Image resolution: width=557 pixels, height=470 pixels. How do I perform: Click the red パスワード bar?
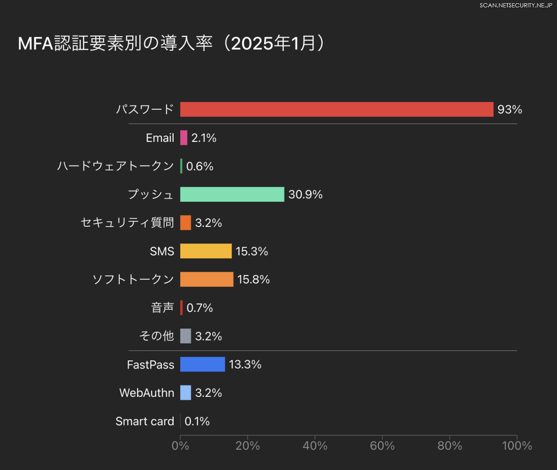click(x=337, y=109)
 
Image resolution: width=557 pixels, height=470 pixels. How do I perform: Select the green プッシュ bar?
click(x=232, y=194)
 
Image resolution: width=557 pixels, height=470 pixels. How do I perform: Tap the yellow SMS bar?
click(x=206, y=251)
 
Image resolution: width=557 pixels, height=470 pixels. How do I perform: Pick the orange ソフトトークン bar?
click(x=207, y=279)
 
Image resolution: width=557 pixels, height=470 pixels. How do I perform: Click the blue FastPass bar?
click(x=202, y=364)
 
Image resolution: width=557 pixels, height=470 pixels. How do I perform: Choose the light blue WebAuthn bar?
click(x=186, y=393)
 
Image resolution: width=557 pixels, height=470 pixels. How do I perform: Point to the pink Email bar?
click(x=184, y=138)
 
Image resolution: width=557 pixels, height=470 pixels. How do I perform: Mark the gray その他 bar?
click(x=186, y=336)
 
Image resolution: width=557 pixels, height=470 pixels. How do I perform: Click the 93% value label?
click(x=510, y=109)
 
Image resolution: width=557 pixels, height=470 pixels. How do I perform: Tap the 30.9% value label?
click(x=305, y=194)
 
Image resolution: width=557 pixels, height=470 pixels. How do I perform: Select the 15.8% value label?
click(x=253, y=279)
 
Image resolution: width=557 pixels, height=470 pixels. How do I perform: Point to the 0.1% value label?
click(x=197, y=421)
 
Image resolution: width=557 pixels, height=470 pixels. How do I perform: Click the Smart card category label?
click(x=145, y=421)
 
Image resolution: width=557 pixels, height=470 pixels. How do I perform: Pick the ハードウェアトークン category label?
click(x=116, y=166)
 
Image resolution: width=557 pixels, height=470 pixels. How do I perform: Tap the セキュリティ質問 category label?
click(x=128, y=223)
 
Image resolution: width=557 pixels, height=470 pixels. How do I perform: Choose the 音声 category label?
click(x=162, y=308)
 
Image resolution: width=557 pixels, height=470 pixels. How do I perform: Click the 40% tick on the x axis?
click(x=315, y=446)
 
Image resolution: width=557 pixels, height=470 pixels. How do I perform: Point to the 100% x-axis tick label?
click(x=517, y=446)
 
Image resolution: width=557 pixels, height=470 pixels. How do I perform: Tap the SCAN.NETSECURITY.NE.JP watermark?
click(x=516, y=5)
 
